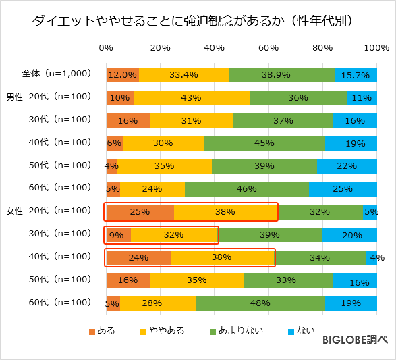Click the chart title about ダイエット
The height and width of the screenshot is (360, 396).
point(197,21)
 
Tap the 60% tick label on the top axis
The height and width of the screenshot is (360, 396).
point(268,49)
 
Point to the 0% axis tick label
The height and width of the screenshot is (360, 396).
point(106,49)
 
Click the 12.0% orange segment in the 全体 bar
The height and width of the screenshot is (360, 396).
point(122,74)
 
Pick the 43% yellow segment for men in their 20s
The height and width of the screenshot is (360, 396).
point(192,97)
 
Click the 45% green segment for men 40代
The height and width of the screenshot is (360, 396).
point(264,143)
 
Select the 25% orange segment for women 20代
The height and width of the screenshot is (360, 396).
point(140,212)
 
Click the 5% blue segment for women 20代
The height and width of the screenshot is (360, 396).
point(370,212)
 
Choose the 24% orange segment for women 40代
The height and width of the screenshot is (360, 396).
point(138,257)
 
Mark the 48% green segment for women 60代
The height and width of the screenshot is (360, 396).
point(260,303)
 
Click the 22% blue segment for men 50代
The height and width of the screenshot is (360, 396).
point(347,166)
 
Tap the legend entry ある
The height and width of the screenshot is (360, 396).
point(102,330)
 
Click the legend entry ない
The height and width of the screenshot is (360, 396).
point(302,330)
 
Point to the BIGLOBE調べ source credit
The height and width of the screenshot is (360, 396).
point(355,340)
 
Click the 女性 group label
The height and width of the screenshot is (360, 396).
point(14,211)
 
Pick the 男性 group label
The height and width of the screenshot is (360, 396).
point(14,97)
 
